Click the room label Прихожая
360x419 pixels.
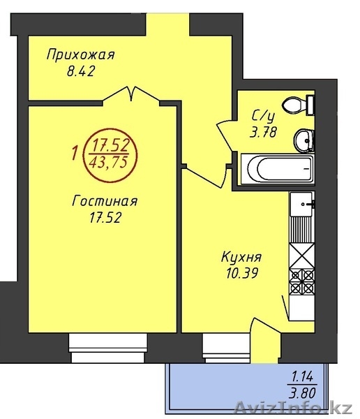(81, 54)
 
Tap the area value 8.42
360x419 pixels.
(81, 71)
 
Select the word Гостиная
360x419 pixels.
(105, 201)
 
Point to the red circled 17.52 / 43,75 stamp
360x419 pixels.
(110, 156)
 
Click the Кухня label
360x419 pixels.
(241, 258)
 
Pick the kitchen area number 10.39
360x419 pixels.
(242, 273)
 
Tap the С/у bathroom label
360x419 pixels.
(263, 116)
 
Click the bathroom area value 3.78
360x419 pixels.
(263, 132)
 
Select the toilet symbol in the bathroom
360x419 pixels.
(299, 105)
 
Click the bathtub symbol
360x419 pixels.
(278, 169)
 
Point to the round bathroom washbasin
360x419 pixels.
(304, 140)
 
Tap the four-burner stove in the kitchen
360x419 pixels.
(302, 281)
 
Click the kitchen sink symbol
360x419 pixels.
(302, 204)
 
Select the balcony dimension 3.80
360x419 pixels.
(302, 392)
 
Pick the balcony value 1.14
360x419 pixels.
(302, 377)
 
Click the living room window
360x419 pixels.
(108, 348)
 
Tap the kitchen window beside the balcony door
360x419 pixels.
(227, 348)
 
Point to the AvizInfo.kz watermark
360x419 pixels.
(293, 409)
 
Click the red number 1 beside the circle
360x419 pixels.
(75, 154)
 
